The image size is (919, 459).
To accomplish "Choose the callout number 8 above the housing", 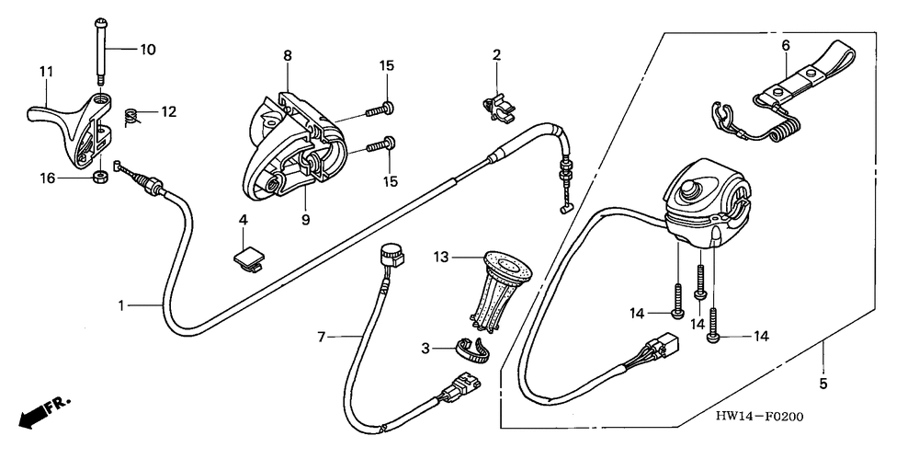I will pyautogui.click(x=288, y=56).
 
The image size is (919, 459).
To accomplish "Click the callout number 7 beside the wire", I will pyautogui.click(x=322, y=339).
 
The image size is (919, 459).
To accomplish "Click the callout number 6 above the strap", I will pyautogui.click(x=786, y=45).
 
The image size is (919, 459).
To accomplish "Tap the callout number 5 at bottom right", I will pyautogui.click(x=823, y=383).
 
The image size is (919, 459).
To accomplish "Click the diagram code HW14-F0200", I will pyautogui.click(x=759, y=417).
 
